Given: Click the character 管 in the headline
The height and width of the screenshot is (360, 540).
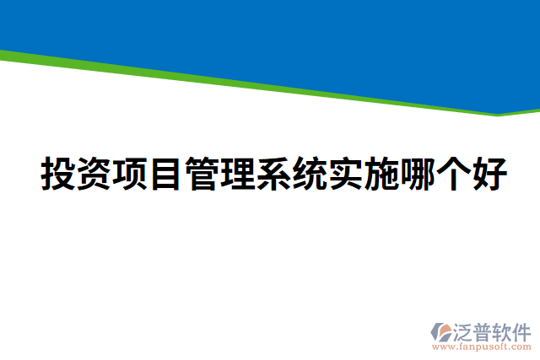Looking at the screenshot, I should pos(201,175).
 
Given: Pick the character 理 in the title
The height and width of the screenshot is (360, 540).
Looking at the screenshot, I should pos(237,175).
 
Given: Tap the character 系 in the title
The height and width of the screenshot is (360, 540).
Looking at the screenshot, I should pos(273,175).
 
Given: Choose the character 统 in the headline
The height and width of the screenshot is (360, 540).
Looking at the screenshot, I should pos(309,175).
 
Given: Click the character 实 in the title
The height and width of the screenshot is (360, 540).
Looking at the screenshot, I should pos(345,175).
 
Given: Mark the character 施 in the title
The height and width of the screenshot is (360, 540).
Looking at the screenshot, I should pos(381,175).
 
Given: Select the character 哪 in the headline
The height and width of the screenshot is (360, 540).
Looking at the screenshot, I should pos(418,175).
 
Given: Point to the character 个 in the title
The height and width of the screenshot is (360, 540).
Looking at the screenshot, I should pos(453,175).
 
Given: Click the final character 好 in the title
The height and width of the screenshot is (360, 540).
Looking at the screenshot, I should pos(489,175).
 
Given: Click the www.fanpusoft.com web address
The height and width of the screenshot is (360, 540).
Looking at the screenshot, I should pos(483,347).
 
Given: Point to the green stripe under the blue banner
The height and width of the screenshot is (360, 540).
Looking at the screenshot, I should pos(253,83).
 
